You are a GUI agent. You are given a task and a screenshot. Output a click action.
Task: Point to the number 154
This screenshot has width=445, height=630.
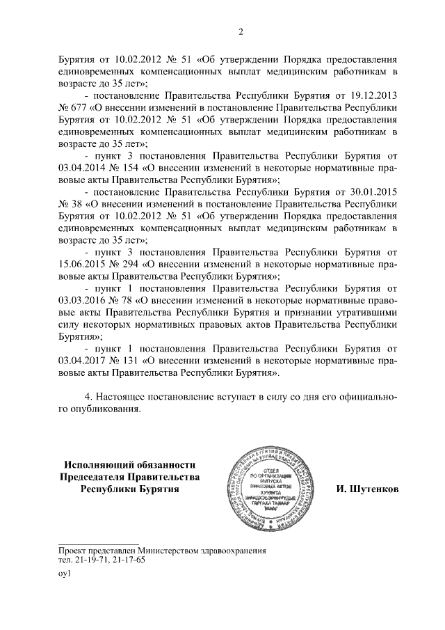pos(129,168)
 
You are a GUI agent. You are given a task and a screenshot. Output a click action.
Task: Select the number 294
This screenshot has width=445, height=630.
pos(129,265)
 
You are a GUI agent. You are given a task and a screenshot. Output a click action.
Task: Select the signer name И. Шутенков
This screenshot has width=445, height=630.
pos(366,489)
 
